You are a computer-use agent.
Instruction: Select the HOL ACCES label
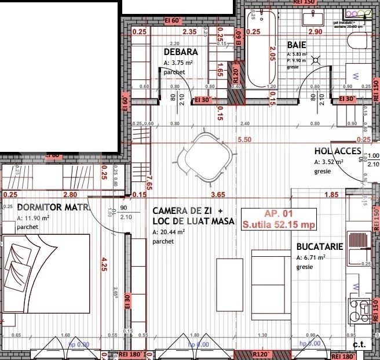click(x=338, y=152)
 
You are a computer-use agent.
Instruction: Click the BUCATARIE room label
click(x=319, y=246)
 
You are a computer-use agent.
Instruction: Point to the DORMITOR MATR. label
click(x=52, y=207)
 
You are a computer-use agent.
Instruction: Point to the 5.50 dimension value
click(x=244, y=140)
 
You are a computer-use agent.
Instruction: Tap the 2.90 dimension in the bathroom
click(x=315, y=32)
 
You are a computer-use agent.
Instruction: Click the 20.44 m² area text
click(x=169, y=232)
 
